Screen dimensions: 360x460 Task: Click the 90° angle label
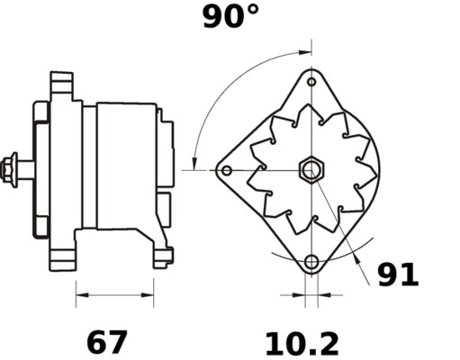click(x=230, y=15)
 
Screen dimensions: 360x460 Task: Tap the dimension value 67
click(x=107, y=342)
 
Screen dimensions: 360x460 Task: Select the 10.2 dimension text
click(x=301, y=343)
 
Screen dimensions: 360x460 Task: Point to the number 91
click(x=397, y=274)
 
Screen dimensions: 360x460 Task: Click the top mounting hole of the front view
click(x=311, y=82)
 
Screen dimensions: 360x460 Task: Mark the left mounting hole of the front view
click(x=227, y=170)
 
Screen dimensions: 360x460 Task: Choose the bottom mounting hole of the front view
click(x=311, y=262)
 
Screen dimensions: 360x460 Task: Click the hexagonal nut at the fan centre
click(x=311, y=168)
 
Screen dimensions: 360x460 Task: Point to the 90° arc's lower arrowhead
click(x=196, y=162)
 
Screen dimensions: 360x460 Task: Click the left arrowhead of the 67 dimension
click(x=79, y=293)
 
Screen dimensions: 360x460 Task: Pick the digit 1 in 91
click(x=410, y=274)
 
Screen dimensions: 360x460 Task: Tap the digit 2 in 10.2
click(x=327, y=343)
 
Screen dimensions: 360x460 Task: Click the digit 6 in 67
click(x=96, y=342)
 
